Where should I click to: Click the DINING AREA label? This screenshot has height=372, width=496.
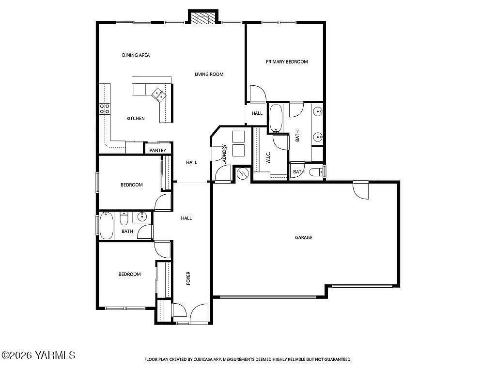[136, 55]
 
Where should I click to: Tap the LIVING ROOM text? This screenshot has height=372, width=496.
[209, 74]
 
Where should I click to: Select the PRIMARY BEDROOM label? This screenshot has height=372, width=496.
[286, 62]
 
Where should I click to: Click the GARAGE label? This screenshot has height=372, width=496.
[304, 237]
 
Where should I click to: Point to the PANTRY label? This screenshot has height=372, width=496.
[158, 151]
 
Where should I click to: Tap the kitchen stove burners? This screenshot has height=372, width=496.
[104, 109]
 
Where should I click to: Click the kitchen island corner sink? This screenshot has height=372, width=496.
[159, 94]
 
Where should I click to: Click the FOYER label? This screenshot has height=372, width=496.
[188, 278]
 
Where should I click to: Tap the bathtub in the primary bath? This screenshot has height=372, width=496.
[276, 118]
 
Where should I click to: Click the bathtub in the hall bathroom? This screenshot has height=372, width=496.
[107, 226]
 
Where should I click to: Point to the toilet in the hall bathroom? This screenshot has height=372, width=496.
[124, 221]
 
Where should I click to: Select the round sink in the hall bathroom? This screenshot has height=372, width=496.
[142, 217]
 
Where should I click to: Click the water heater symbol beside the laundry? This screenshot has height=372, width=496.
[243, 173]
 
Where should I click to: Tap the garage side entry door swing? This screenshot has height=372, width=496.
[361, 190]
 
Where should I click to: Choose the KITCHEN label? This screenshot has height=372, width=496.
[136, 118]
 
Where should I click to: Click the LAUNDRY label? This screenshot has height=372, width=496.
[224, 155]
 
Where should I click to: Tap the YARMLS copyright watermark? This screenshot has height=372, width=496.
[39, 356]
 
